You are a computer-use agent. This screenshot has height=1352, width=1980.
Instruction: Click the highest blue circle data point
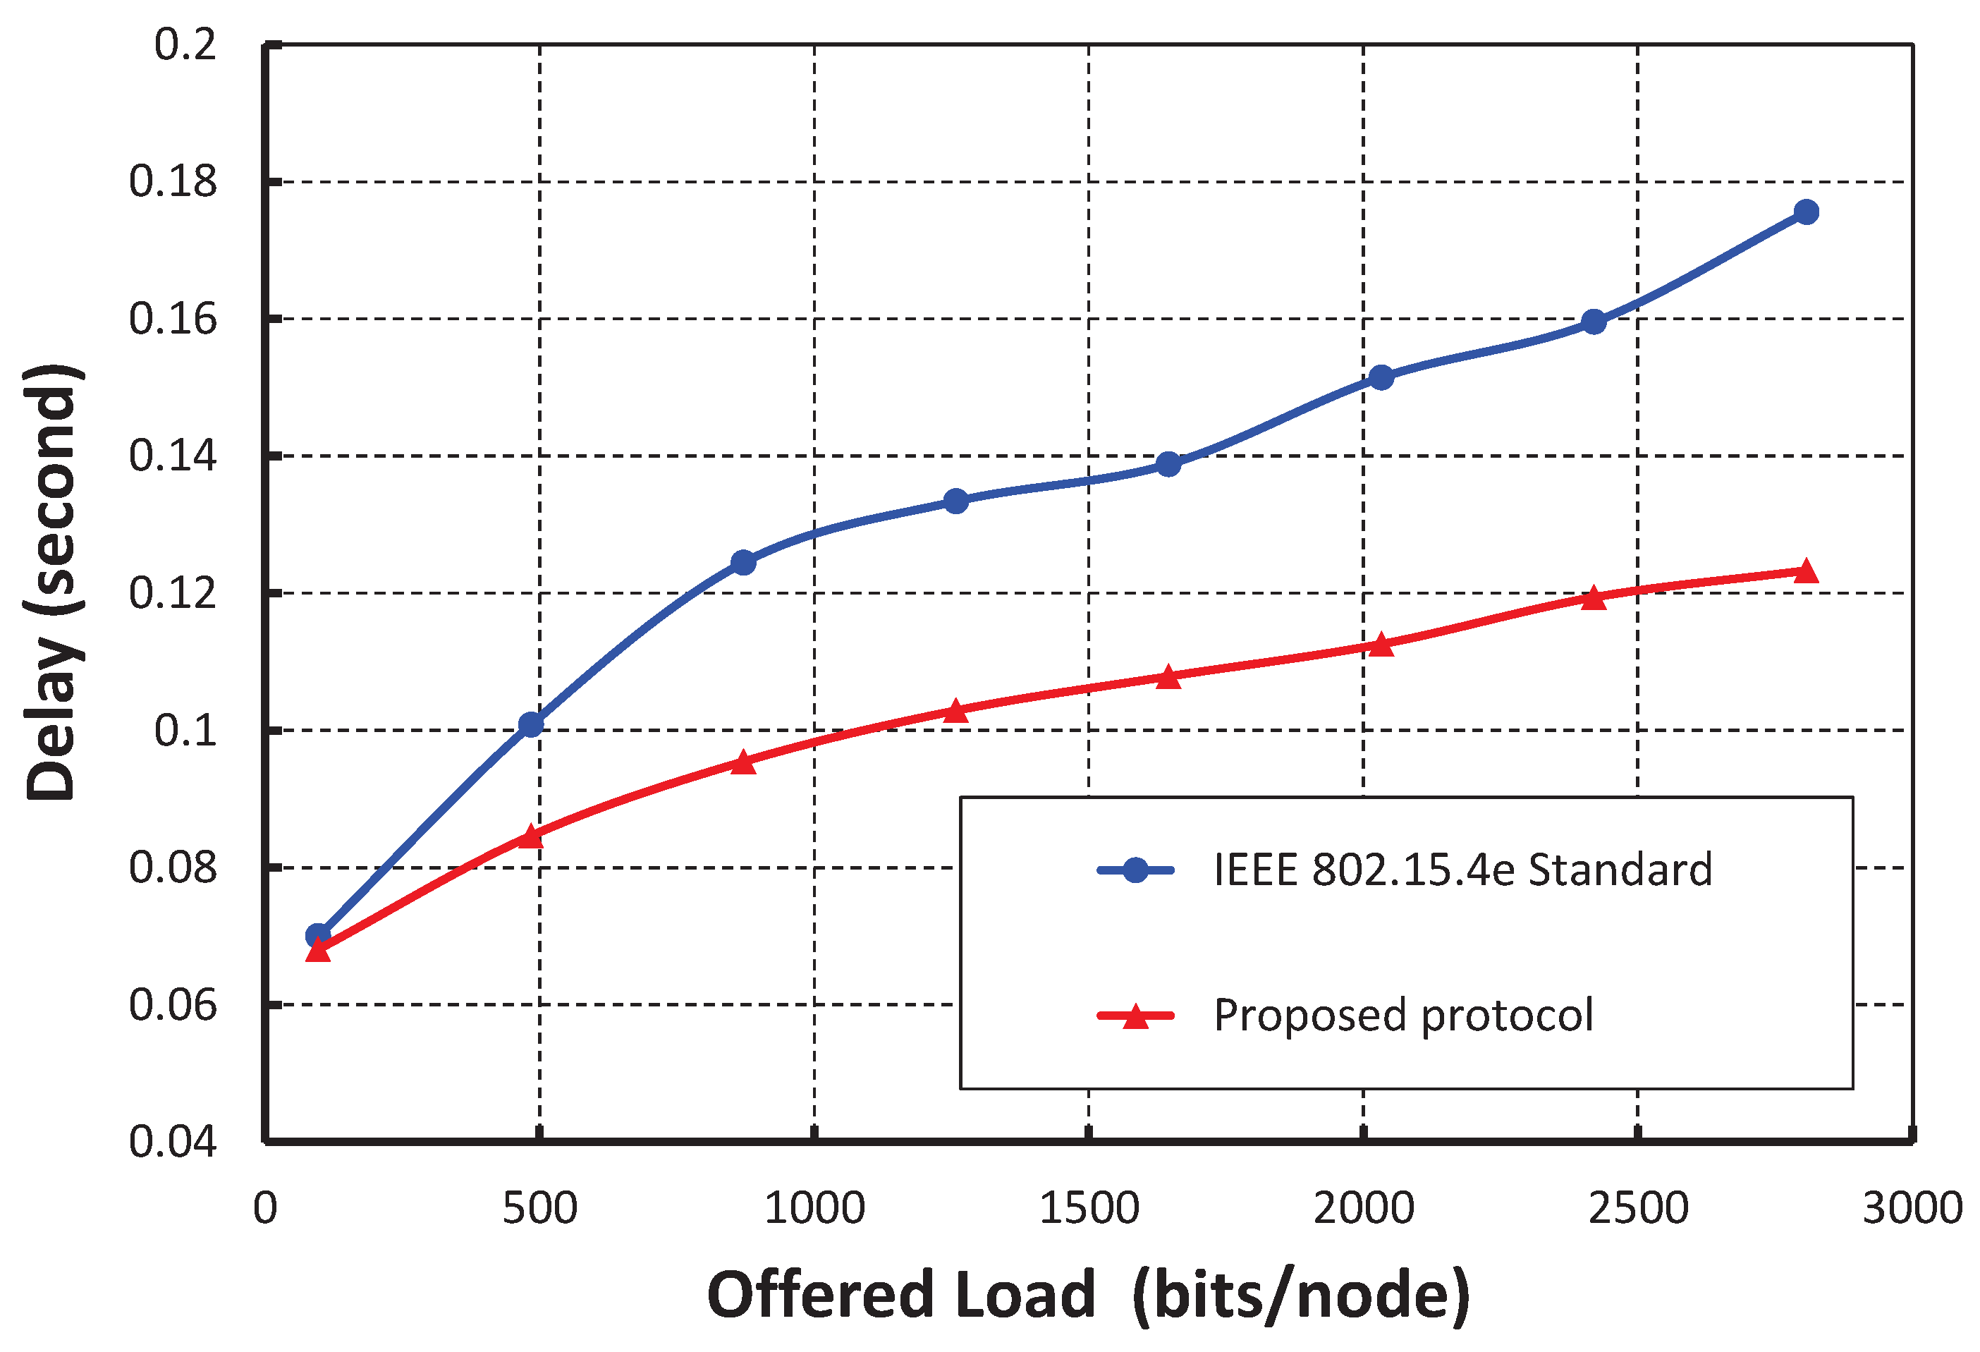point(1805,212)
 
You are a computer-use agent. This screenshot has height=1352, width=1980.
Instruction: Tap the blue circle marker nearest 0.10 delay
point(531,725)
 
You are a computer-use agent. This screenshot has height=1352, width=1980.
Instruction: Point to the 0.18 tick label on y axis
point(173,181)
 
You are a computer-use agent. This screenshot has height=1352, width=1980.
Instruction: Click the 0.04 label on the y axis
point(173,1142)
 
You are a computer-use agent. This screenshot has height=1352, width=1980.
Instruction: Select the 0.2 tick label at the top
point(185,44)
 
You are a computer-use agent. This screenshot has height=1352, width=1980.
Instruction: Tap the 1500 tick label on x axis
point(1089,1208)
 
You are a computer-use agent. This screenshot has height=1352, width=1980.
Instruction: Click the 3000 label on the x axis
point(1912,1208)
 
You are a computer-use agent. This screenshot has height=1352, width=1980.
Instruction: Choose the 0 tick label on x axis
point(265,1208)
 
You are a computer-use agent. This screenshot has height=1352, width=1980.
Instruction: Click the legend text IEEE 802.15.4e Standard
point(1462,870)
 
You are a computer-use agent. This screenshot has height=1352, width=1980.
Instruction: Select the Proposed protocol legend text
point(1403,1015)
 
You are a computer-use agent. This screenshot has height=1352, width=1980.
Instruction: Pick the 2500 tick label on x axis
point(1637,1208)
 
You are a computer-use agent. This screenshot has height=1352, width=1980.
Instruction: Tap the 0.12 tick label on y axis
point(173,593)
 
